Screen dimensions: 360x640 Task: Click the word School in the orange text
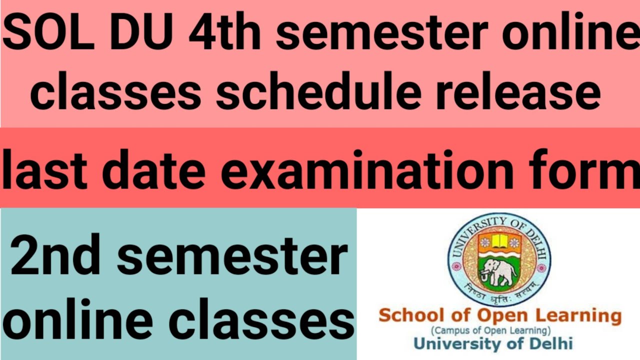(x=410, y=316)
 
